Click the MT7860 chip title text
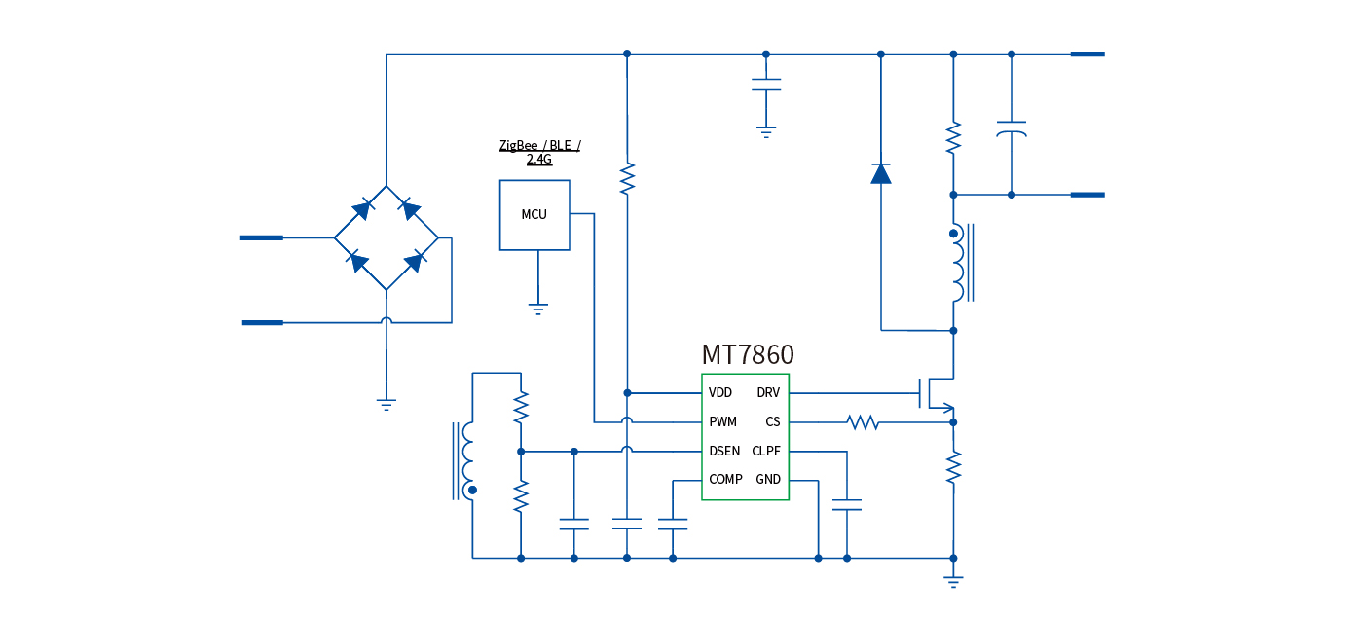point(747,355)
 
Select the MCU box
point(534,215)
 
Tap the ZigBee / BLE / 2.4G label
point(539,152)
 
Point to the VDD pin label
point(720,393)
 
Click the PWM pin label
point(723,422)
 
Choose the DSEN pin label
point(724,452)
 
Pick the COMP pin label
point(725,480)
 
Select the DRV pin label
point(768,393)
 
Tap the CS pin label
point(773,422)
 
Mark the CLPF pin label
point(766,452)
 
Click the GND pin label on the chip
point(768,480)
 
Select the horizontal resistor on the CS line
point(863,422)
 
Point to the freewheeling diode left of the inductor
point(881,173)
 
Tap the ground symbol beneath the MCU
point(537,309)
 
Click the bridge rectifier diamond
point(387,237)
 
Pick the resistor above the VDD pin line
point(627,178)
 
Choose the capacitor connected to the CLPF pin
point(847,504)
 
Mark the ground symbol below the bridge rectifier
point(387,404)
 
